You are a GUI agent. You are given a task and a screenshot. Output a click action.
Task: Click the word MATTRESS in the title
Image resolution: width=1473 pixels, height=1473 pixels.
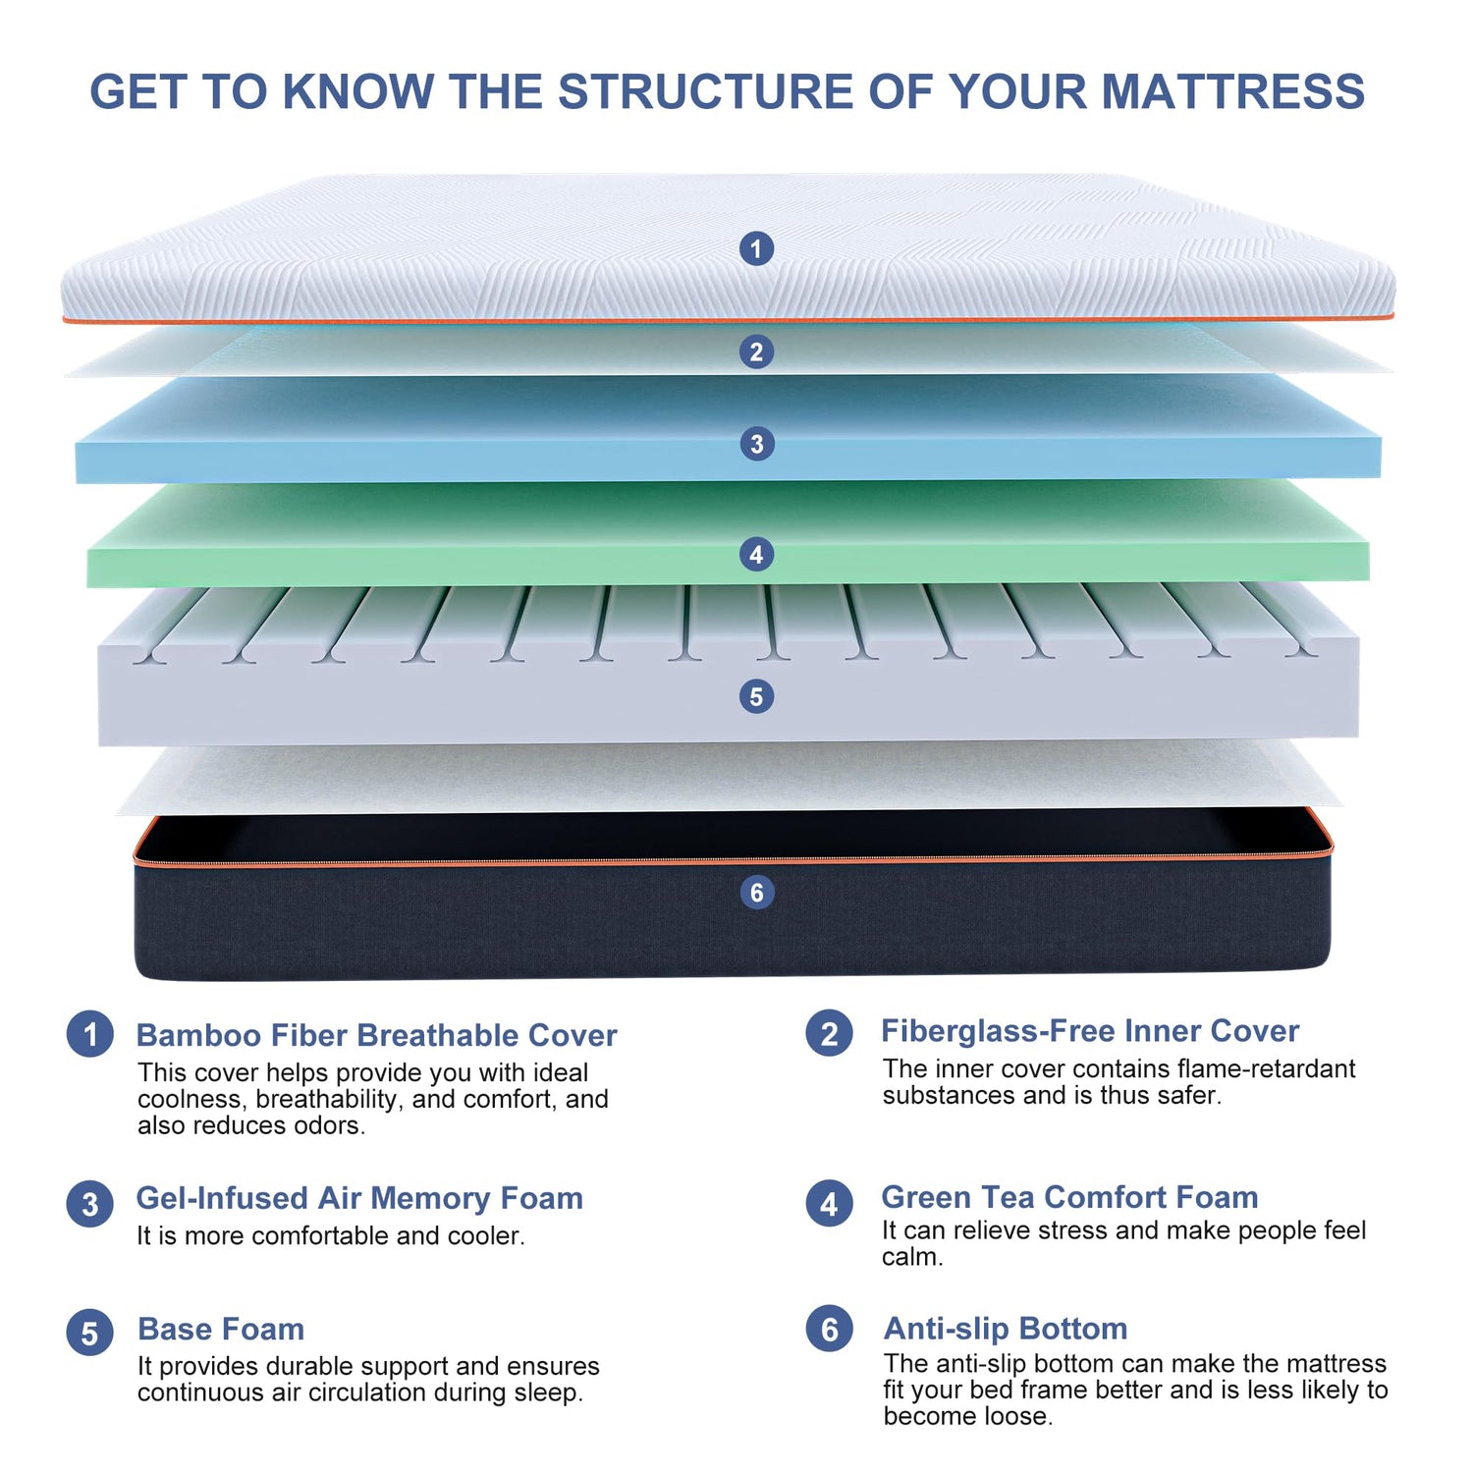1232,91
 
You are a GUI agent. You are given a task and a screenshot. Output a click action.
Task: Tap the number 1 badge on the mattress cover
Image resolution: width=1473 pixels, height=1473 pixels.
756,248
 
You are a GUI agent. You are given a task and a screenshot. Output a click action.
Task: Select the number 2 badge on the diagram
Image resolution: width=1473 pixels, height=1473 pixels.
756,352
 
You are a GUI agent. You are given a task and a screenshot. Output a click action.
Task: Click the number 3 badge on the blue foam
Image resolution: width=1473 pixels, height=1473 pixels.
756,444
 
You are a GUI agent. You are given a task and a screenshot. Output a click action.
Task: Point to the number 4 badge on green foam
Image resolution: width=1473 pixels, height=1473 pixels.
756,555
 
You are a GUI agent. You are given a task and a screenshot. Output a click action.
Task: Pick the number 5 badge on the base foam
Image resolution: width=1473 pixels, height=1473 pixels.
756,697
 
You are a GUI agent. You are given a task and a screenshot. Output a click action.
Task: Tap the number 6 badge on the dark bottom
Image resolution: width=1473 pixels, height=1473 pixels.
756,893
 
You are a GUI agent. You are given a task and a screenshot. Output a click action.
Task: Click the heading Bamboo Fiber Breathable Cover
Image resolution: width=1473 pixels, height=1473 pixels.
377,1035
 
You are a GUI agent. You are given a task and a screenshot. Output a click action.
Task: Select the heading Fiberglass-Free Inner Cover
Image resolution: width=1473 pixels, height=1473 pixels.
1090,1031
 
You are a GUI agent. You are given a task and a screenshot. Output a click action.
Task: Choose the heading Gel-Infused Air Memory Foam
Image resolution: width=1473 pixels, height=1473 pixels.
359,1199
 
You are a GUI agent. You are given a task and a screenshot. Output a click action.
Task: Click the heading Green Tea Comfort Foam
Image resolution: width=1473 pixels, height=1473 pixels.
1070,1197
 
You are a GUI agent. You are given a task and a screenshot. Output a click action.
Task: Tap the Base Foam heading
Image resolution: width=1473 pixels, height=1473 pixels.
221,1329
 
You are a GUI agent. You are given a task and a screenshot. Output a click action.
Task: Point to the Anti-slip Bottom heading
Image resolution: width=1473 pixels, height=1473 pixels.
1006,1329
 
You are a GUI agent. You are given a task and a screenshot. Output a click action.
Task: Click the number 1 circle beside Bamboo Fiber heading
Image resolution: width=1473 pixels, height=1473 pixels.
90,1035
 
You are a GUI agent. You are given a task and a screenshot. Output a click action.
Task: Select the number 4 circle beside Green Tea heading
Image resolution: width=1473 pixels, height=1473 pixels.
830,1204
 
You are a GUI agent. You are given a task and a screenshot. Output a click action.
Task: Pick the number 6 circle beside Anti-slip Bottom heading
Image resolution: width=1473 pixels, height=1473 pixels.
830,1329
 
